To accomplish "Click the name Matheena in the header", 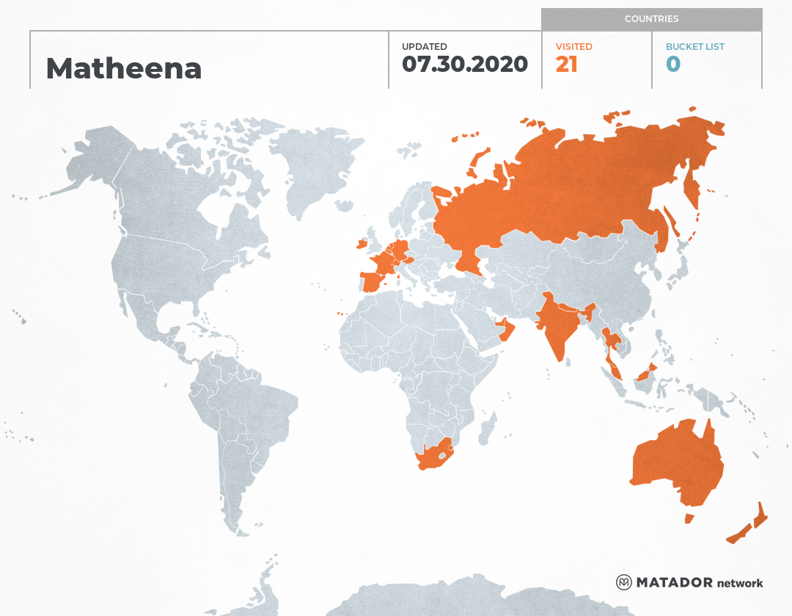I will click(x=123, y=68).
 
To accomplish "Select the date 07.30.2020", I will click(x=465, y=65).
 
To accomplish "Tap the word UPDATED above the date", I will click(x=424, y=46).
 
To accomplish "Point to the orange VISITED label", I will click(x=573, y=46).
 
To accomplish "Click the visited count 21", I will click(x=566, y=65).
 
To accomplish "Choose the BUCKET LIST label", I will click(x=694, y=46).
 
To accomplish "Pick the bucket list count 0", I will click(x=672, y=65).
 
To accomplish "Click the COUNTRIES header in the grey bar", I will click(x=651, y=19).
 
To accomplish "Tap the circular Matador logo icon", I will click(x=623, y=583).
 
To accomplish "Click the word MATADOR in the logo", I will click(x=674, y=583).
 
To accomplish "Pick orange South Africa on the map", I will click(x=433, y=458).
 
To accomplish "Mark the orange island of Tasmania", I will click(x=689, y=518).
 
